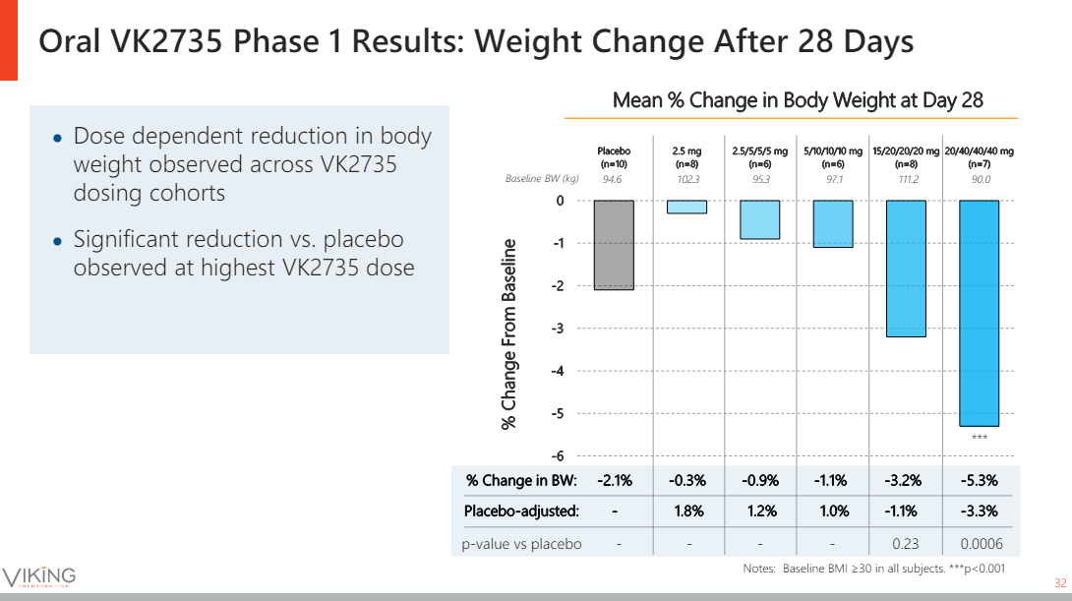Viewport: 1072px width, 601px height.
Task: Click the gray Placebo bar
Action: (x=614, y=245)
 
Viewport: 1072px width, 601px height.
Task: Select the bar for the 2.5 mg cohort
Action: (x=686, y=207)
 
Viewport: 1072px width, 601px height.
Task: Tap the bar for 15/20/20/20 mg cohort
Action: (x=906, y=269)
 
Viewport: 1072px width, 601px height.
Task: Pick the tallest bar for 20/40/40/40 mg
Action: (x=979, y=313)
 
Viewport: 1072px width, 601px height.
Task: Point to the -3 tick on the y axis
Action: (x=560, y=329)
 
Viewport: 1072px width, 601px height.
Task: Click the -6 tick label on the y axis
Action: (x=560, y=456)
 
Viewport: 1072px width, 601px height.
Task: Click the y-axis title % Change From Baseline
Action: (x=508, y=333)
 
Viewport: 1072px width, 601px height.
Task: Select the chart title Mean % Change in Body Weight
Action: (x=798, y=100)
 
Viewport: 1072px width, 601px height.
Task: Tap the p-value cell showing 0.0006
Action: (x=979, y=544)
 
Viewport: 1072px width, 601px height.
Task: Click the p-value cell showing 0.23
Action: (x=906, y=544)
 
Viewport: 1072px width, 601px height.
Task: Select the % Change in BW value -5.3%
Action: (x=979, y=481)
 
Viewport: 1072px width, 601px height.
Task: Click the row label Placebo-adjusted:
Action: (x=521, y=511)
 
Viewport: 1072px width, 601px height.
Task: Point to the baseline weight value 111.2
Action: (x=906, y=180)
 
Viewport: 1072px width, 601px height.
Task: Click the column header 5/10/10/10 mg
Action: (x=833, y=157)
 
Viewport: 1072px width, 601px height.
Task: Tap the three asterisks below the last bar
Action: (x=979, y=437)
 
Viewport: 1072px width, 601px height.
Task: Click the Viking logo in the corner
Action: (x=39, y=576)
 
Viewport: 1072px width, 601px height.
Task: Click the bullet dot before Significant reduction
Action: (x=58, y=241)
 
